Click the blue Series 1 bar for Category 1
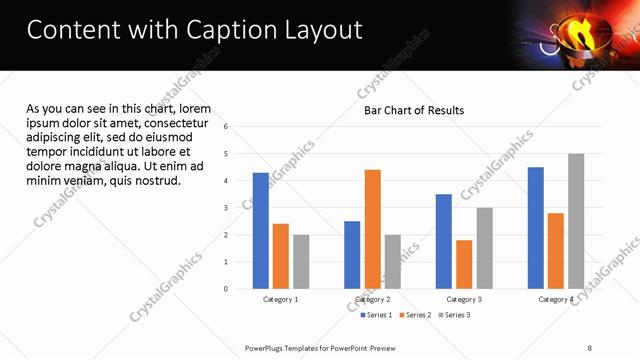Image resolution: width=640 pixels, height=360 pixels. pos(260,231)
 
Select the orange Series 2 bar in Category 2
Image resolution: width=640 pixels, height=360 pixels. pos(372,229)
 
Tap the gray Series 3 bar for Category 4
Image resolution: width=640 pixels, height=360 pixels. pos(576,221)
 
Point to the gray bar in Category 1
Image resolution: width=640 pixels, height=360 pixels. pos(301,262)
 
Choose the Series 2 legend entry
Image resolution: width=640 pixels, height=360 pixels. pos(415,315)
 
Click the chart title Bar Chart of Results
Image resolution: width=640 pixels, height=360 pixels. pos(413,110)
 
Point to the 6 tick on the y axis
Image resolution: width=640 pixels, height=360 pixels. pos(227,127)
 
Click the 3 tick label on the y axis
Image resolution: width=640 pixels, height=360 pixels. pos(227,208)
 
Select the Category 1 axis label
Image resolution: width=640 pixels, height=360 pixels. pos(280,300)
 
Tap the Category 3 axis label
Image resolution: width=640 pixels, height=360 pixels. pos(463,300)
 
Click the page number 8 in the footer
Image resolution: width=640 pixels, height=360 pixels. pos(589,347)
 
